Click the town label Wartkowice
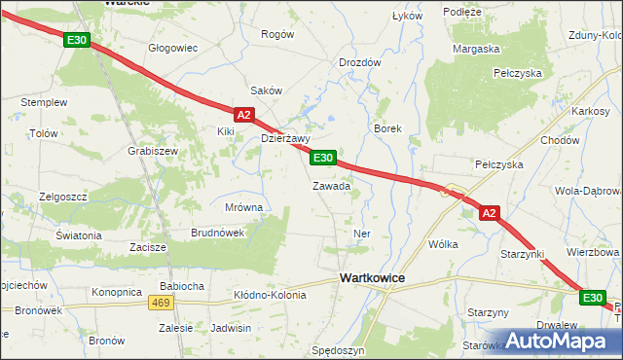tap(372, 278)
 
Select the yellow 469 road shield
tap(161, 303)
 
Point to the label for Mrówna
tap(243, 207)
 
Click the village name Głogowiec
tap(172, 47)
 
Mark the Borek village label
tap(387, 128)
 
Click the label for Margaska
tap(476, 48)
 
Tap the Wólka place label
tap(443, 245)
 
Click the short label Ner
tap(363, 234)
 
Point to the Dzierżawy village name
tap(285, 138)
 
